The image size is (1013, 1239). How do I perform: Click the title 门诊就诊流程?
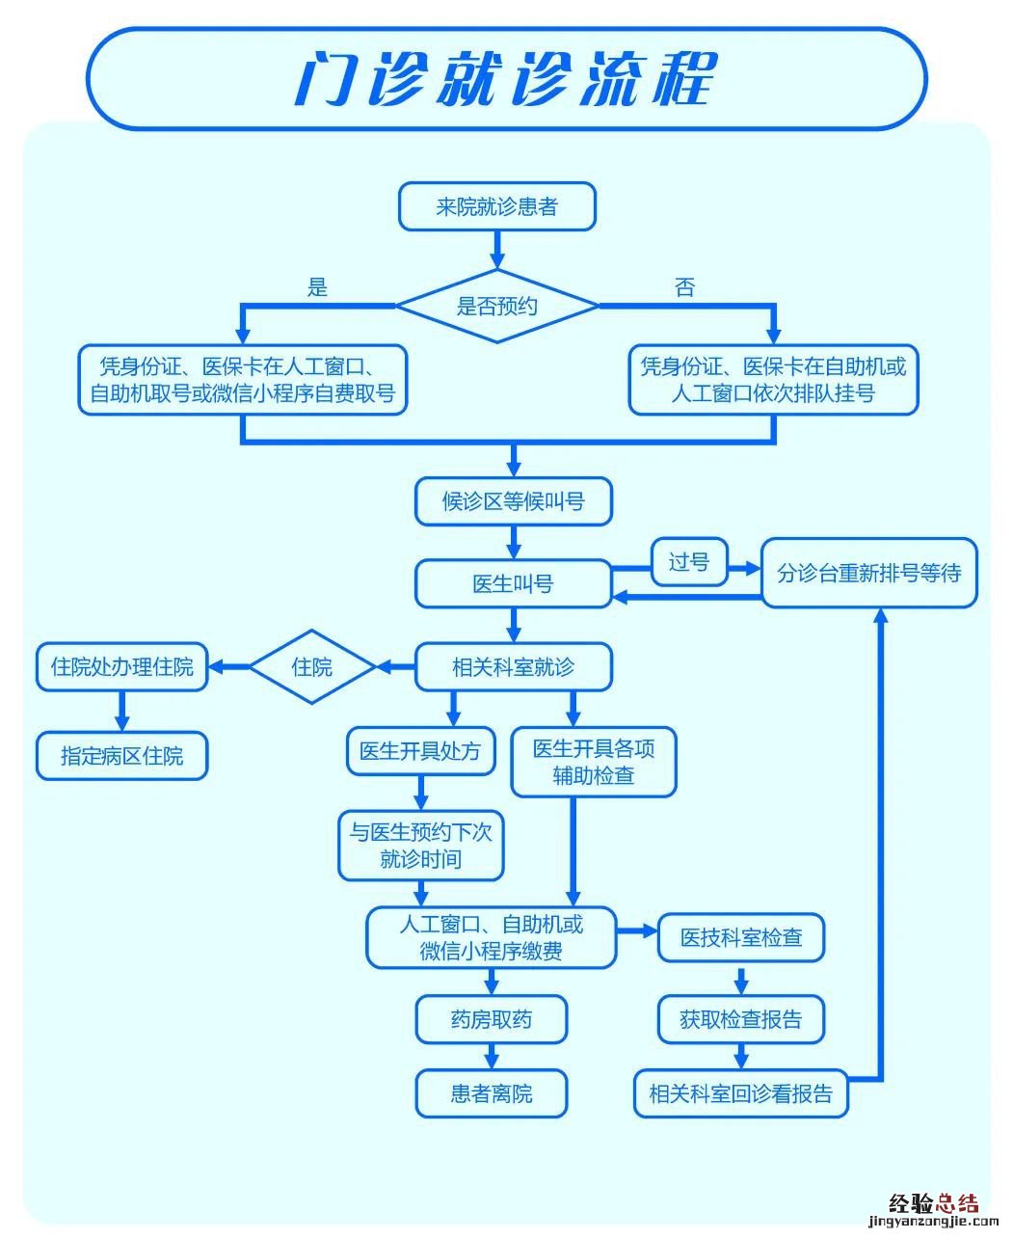506,79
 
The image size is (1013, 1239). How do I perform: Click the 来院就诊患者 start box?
497,207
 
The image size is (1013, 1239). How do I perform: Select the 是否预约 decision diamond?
497,307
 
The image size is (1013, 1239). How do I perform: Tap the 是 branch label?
317,286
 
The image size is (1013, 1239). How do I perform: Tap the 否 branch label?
684,286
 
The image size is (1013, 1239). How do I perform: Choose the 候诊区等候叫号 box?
513,501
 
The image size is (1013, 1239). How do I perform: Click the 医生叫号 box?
513,583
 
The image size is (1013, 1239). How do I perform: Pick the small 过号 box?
689,562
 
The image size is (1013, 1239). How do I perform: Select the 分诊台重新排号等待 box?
868,573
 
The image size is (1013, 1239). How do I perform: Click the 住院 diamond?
311,666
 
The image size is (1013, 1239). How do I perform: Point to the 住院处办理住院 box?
121,666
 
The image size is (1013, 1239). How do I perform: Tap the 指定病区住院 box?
121,756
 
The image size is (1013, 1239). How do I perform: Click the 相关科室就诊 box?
513,666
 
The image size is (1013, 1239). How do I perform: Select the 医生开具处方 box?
420,751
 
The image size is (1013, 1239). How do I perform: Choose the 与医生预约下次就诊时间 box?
420,845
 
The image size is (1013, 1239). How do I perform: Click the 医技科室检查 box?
740,937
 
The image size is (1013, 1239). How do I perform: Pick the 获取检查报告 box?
740,1019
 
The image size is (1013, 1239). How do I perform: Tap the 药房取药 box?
492,1019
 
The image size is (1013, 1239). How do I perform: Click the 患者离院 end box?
492,1093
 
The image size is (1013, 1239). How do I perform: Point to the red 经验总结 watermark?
932,1203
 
